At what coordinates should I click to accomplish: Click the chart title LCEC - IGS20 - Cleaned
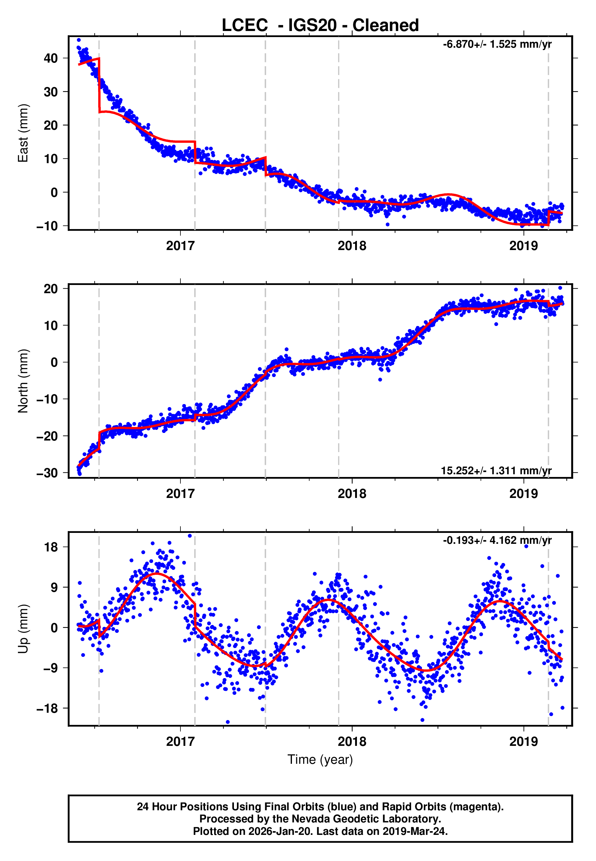click(x=320, y=26)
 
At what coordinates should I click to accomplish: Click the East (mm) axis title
click(x=23, y=133)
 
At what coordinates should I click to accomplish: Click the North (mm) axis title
click(x=23, y=381)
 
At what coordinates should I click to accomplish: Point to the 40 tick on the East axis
click(x=51, y=58)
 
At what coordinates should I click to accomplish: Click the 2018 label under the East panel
click(x=352, y=246)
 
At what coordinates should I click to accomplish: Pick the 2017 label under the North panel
click(x=180, y=494)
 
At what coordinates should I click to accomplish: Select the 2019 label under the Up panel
click(x=524, y=742)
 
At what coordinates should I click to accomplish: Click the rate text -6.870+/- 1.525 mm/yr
click(x=497, y=44)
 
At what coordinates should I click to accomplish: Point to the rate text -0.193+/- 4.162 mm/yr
click(x=497, y=540)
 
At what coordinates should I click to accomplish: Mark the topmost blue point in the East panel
click(x=79, y=40)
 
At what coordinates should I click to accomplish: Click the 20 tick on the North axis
click(x=51, y=289)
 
